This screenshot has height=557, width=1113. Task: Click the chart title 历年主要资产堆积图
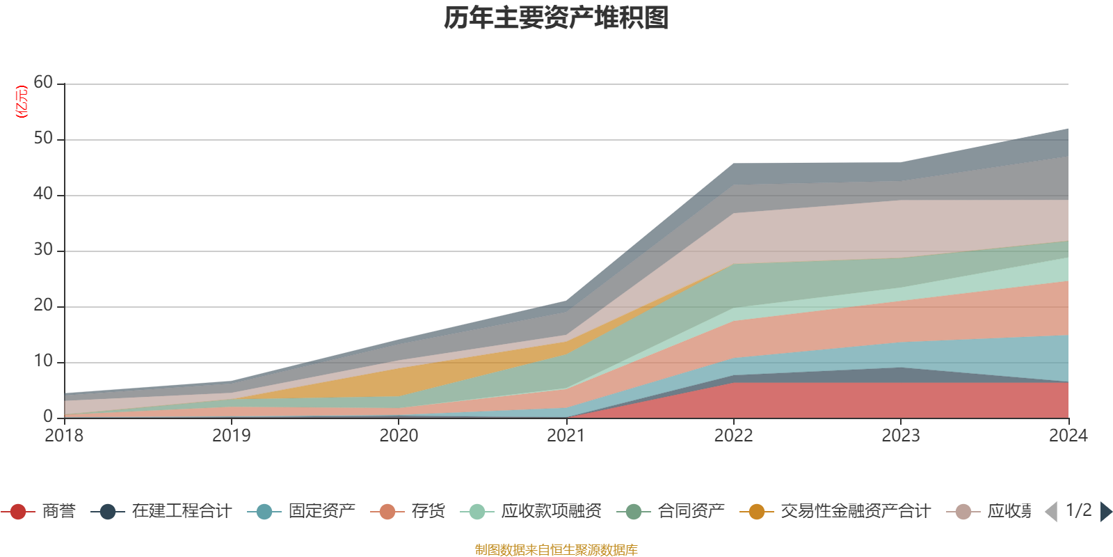pos(556,18)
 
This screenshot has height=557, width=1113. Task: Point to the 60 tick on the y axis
pos(43,83)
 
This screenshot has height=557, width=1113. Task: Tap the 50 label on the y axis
pos(43,139)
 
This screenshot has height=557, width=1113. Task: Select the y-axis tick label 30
pos(43,250)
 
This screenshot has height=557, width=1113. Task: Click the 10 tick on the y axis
pos(43,361)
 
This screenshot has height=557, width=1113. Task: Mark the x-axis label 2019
pos(231,436)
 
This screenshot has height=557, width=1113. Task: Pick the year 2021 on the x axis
pos(566,436)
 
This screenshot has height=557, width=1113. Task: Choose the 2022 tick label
pos(733,436)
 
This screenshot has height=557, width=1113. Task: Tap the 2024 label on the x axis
pos(1067,436)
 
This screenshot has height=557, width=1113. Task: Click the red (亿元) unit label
pos(22,102)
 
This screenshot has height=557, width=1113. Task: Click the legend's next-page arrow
pos(1105,512)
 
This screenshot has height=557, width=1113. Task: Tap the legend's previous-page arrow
pos(1051,512)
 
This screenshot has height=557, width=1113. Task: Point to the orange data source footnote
pos(556,550)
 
